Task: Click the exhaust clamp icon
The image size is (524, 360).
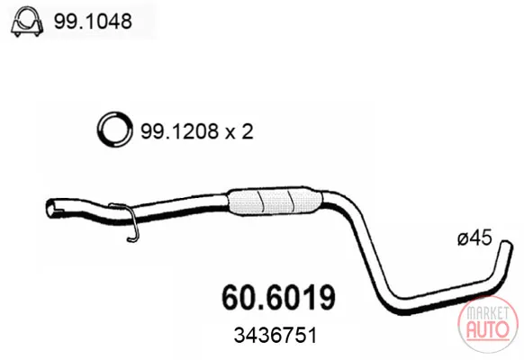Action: [27, 22]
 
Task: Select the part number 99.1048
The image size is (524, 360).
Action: [93, 22]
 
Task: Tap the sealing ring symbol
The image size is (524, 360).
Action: [113, 130]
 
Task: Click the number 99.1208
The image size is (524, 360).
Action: [179, 131]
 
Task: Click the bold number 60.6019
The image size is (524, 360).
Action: [278, 297]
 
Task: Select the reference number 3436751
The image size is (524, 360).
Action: [275, 335]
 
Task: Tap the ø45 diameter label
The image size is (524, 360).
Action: [474, 238]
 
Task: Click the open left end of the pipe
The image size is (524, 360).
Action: [52, 209]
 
